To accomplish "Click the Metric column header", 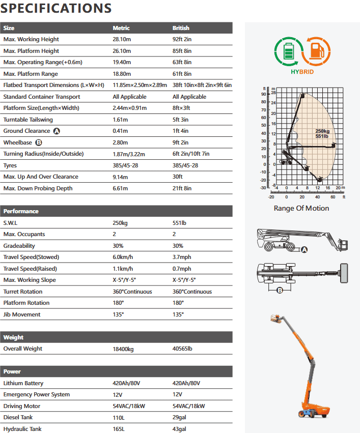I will click(121, 28).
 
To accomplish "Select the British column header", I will click(181, 28).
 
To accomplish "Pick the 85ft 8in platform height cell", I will click(182, 51).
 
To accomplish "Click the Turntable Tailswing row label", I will click(27, 120).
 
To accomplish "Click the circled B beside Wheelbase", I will click(39, 142).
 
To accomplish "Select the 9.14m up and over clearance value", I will click(121, 177).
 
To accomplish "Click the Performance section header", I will click(21, 211).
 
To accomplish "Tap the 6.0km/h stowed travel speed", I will click(123, 257).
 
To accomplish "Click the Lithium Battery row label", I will click(23, 383).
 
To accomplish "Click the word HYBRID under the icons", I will click(302, 72).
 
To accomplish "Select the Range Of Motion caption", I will click(301, 208).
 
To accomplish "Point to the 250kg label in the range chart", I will click(322, 131).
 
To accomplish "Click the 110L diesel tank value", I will click(119, 417).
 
